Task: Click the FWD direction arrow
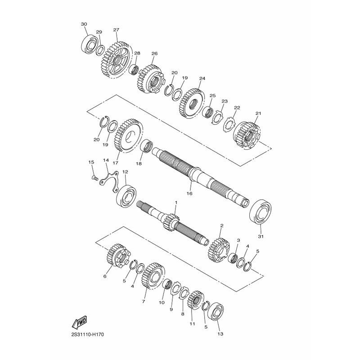79,322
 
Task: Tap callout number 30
84,24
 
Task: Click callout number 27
116,30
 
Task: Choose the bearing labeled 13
218,313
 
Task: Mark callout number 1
176,203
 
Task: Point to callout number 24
202,78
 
